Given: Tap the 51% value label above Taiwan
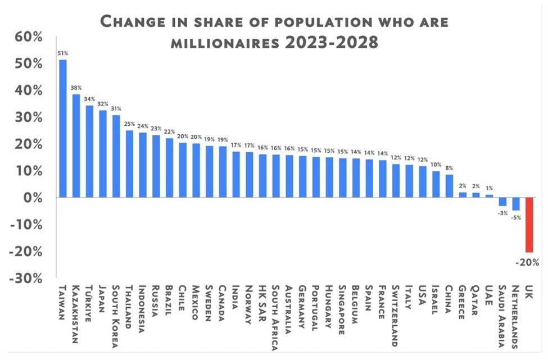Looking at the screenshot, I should pos(62,53).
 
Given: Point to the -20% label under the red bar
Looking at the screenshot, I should pos(528,262).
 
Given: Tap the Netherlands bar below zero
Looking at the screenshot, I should pos(515,204).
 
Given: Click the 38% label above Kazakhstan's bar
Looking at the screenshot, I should pos(76,88).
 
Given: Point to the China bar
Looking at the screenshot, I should pos(449,186).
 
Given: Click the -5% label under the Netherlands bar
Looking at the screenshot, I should pos(515,217).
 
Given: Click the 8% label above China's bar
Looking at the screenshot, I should pos(449,168).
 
